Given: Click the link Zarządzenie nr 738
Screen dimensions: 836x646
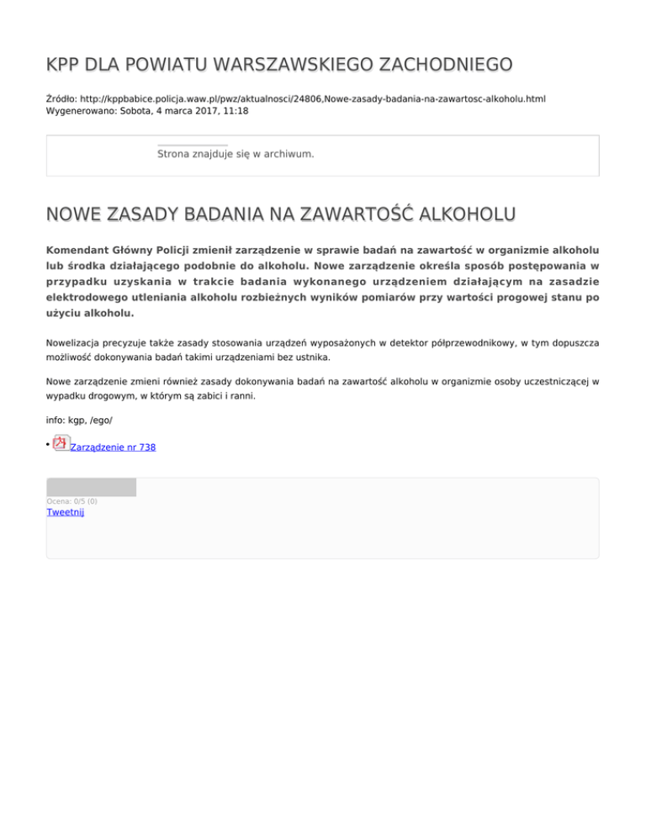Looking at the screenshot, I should click(114, 447).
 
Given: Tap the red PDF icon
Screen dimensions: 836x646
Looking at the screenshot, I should click(61, 442).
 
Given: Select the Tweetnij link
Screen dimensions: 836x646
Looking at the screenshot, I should click(65, 511).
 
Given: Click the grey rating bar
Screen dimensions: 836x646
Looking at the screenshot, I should click(91, 487).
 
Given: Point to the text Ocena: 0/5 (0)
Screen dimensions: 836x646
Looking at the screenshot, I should click(71, 501).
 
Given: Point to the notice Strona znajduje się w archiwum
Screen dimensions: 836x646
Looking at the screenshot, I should click(236, 155).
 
